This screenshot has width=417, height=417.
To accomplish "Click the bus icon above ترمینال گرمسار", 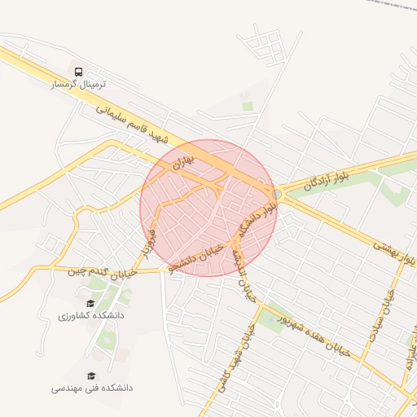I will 78,72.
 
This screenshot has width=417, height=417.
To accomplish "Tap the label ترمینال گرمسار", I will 79,84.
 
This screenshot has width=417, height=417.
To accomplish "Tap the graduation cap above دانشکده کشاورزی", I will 90,303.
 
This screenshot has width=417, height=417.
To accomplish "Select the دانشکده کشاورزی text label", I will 90,314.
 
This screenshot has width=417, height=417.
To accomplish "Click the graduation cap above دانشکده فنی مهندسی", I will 91,375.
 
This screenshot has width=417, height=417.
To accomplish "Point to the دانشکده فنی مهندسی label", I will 91,388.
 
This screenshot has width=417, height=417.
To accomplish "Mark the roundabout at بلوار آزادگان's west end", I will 278,194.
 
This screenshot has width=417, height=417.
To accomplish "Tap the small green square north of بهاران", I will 247,106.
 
